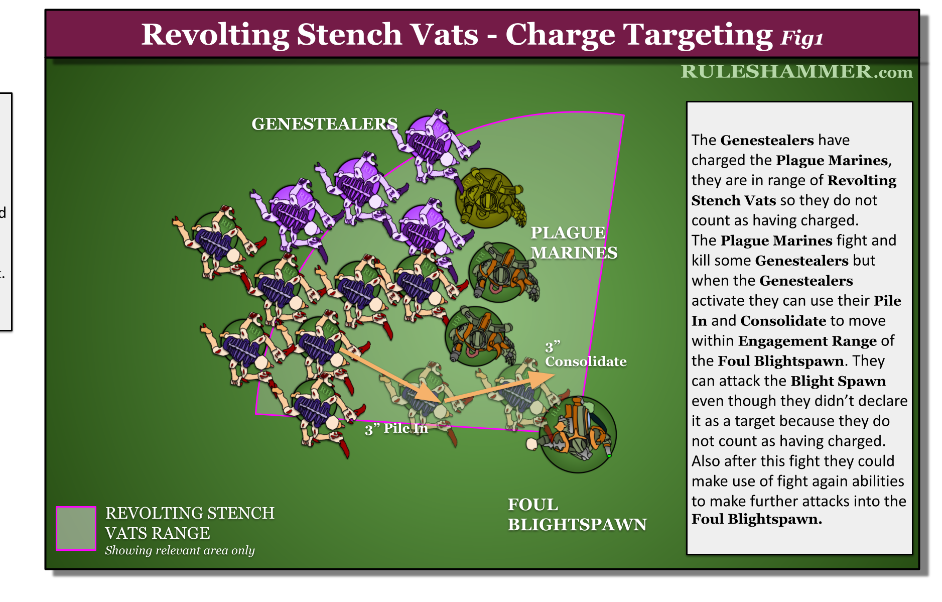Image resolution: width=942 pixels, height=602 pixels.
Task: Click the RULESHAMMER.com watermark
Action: click(796, 72)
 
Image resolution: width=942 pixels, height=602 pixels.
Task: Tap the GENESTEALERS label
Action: click(324, 124)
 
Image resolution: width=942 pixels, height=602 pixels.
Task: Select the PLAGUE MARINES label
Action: click(573, 243)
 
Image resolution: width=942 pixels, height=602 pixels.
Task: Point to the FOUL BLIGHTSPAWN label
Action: click(577, 515)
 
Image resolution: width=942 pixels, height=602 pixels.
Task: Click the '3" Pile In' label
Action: click(396, 429)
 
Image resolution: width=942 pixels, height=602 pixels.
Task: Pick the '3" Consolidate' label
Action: click(585, 354)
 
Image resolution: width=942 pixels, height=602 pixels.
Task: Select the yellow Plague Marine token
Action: click(487, 198)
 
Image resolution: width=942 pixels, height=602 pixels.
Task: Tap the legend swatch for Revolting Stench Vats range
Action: click(76, 528)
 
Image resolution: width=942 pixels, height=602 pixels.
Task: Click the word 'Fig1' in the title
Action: click(801, 38)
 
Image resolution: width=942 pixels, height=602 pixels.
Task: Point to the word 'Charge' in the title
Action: click(560, 35)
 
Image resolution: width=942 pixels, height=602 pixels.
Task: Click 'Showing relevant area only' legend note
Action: click(180, 550)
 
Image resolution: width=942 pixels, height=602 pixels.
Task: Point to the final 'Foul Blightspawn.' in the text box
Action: click(756, 519)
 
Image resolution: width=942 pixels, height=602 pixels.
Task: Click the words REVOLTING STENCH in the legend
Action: click(190, 513)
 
